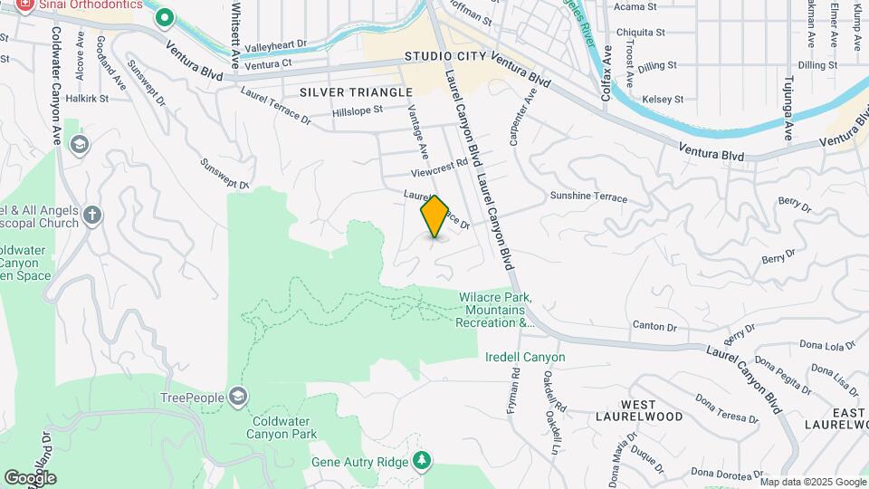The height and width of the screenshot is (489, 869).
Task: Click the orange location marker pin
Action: coord(434,216)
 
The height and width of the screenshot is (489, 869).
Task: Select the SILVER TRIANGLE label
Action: coord(356,92)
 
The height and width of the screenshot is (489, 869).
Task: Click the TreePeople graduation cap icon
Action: coord(238,397)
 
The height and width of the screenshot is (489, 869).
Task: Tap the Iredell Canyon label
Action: coord(525,357)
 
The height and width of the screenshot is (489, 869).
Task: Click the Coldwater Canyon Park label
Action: coord(281,427)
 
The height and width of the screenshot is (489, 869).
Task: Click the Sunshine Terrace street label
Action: coord(588,196)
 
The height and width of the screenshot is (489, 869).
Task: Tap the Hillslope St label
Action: coord(358,110)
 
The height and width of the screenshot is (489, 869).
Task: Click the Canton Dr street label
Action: coord(654,325)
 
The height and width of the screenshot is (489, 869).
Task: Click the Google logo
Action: coord(29,477)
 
